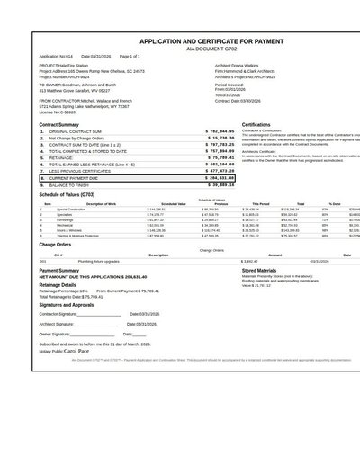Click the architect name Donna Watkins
tap(262, 66)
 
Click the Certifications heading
tap(256, 124)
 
